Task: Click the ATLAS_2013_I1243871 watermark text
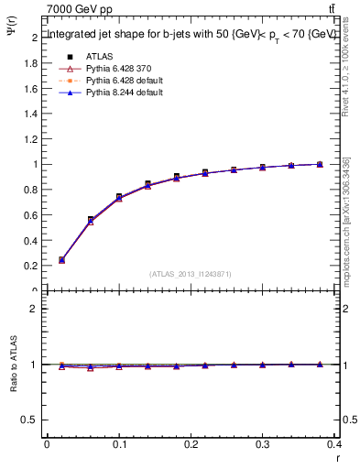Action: (x=191, y=274)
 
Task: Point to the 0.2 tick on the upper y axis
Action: (x=32, y=266)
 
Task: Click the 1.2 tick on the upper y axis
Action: (x=32, y=139)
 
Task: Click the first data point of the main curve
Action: (x=61, y=260)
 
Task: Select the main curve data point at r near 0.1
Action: (x=119, y=197)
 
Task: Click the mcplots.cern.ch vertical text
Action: (x=347, y=229)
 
